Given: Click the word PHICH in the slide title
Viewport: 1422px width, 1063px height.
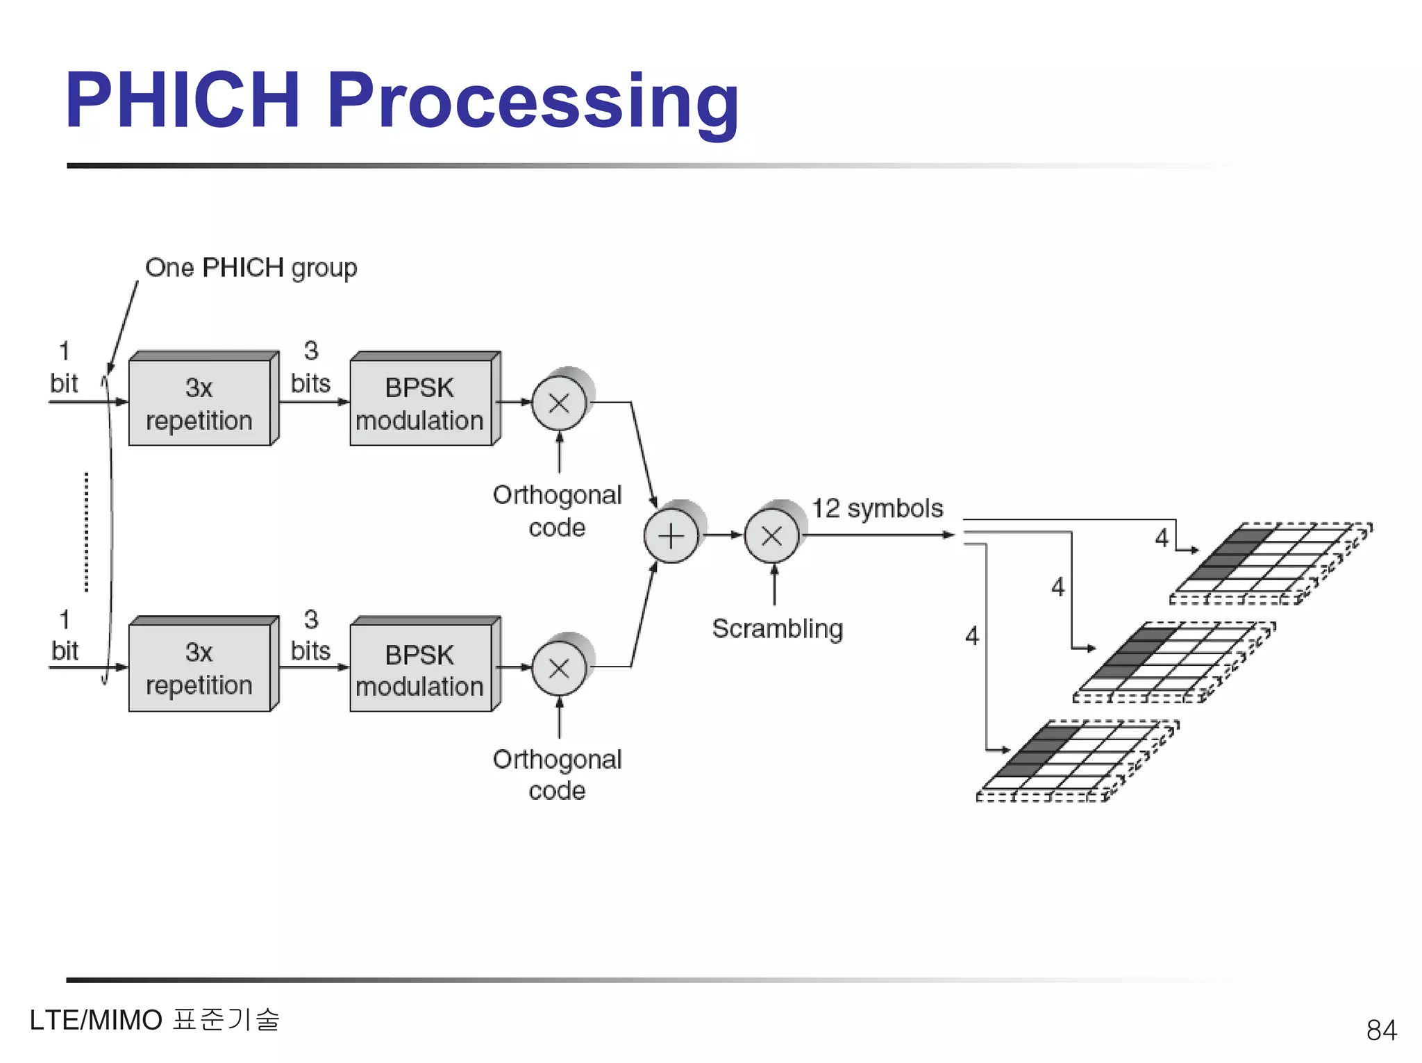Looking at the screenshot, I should (183, 101).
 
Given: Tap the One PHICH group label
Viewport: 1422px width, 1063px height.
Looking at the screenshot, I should (251, 268).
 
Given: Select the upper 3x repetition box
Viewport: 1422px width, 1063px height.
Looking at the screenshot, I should (199, 403).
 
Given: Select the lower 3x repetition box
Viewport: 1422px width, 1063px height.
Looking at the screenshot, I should (199, 669).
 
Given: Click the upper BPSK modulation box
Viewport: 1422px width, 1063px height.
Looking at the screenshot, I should (420, 403).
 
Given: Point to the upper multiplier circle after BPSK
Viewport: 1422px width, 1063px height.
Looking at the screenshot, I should (559, 403).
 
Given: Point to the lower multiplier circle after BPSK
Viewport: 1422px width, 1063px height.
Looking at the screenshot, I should (559, 668).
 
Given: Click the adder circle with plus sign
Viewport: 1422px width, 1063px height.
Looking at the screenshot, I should (671, 536).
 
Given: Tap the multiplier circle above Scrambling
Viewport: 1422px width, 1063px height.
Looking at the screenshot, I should (771, 535).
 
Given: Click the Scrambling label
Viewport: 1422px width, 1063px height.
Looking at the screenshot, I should (777, 629).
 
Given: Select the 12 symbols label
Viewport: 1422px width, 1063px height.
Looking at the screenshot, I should (877, 508).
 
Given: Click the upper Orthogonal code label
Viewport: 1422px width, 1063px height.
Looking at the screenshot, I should (557, 511).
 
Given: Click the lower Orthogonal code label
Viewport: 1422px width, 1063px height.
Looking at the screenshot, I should (557, 775).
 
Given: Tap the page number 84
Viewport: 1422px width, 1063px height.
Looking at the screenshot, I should (1380, 1030).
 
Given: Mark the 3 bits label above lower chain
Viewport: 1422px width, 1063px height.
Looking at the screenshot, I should (310, 635).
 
